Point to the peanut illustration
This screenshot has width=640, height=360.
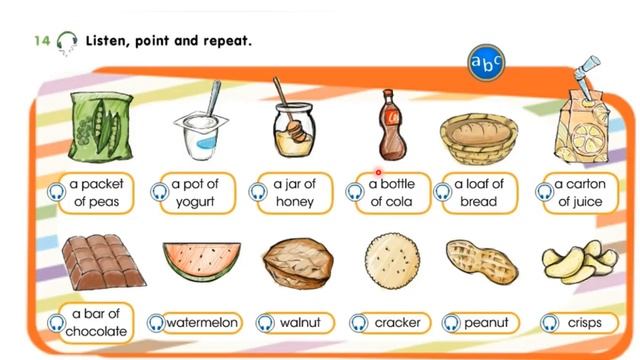(483, 263)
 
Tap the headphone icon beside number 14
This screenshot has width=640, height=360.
(66, 41)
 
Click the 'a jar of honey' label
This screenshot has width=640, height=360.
(294, 193)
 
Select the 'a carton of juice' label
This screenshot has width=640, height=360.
(579, 193)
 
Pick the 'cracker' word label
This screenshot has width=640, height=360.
(397, 323)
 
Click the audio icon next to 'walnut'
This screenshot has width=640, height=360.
(265, 323)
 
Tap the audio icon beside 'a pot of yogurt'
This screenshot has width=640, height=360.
(158, 192)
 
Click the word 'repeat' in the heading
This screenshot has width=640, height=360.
(224, 41)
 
